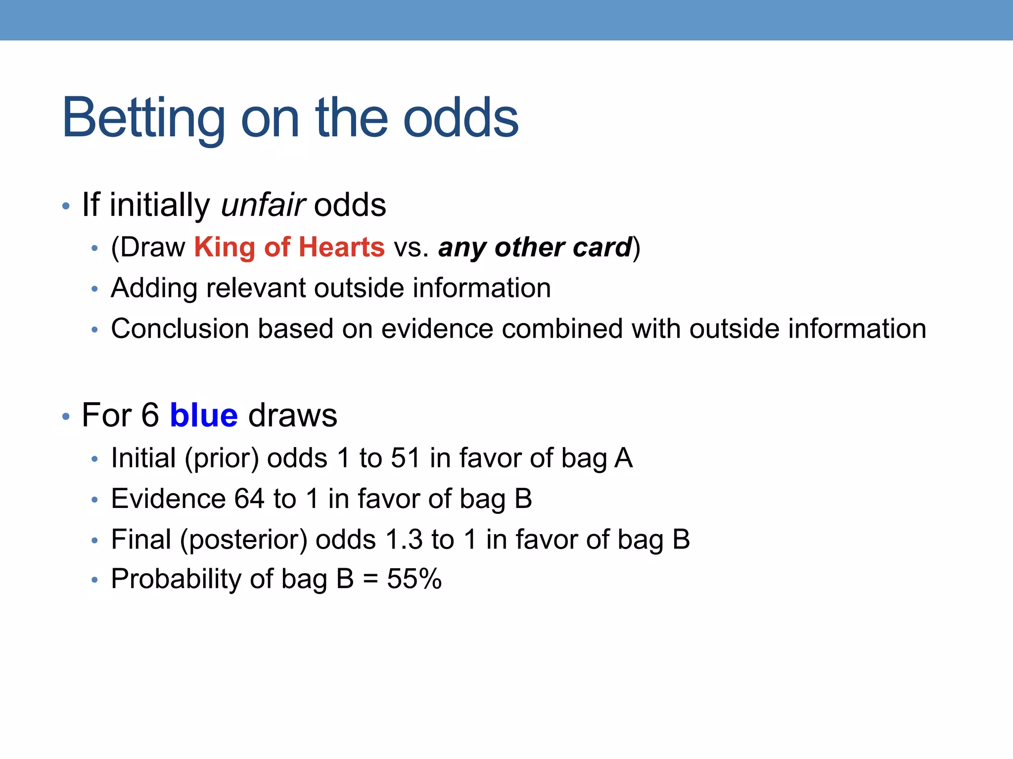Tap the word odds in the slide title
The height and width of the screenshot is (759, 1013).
pos(461,119)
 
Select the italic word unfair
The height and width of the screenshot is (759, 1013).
pos(263,205)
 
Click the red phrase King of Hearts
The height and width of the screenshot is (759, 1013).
pos(289,247)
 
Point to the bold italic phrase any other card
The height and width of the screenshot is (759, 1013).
pos(535,247)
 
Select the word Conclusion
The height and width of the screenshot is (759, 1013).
pos(180,329)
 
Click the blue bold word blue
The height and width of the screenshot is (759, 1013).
pos(204,415)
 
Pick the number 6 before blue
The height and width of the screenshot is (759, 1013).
pos(150,415)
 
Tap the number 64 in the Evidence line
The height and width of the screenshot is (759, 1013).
pos(249,499)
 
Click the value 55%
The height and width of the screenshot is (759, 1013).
pos(414,579)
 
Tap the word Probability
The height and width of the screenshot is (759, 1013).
pos(176,580)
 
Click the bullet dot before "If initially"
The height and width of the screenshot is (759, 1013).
pos(66,206)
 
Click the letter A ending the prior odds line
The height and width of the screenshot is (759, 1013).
pos(624,458)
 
